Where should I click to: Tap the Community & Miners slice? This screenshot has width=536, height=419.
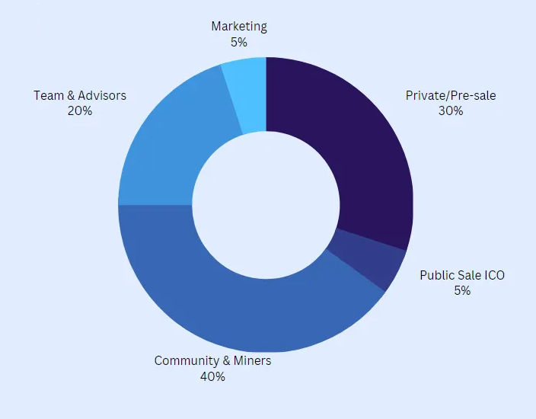click(x=228, y=305)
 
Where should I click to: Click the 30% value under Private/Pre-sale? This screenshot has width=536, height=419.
click(x=450, y=110)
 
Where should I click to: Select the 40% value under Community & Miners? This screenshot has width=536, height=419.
click(x=212, y=376)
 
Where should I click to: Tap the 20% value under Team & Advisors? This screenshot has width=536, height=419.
click(x=80, y=110)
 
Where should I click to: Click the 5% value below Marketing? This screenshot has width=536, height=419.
click(x=239, y=41)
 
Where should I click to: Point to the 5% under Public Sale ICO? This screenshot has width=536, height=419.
click(x=462, y=290)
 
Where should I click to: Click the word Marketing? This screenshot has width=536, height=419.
click(x=239, y=26)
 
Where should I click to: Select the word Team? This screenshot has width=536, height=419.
click(x=48, y=96)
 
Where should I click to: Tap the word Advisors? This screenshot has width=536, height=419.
click(x=102, y=96)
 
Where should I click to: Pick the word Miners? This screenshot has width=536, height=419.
click(x=252, y=360)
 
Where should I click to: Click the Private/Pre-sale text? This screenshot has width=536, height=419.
click(x=450, y=96)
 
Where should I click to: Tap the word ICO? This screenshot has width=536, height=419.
click(x=494, y=275)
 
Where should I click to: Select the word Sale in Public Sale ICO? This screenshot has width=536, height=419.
click(x=471, y=275)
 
